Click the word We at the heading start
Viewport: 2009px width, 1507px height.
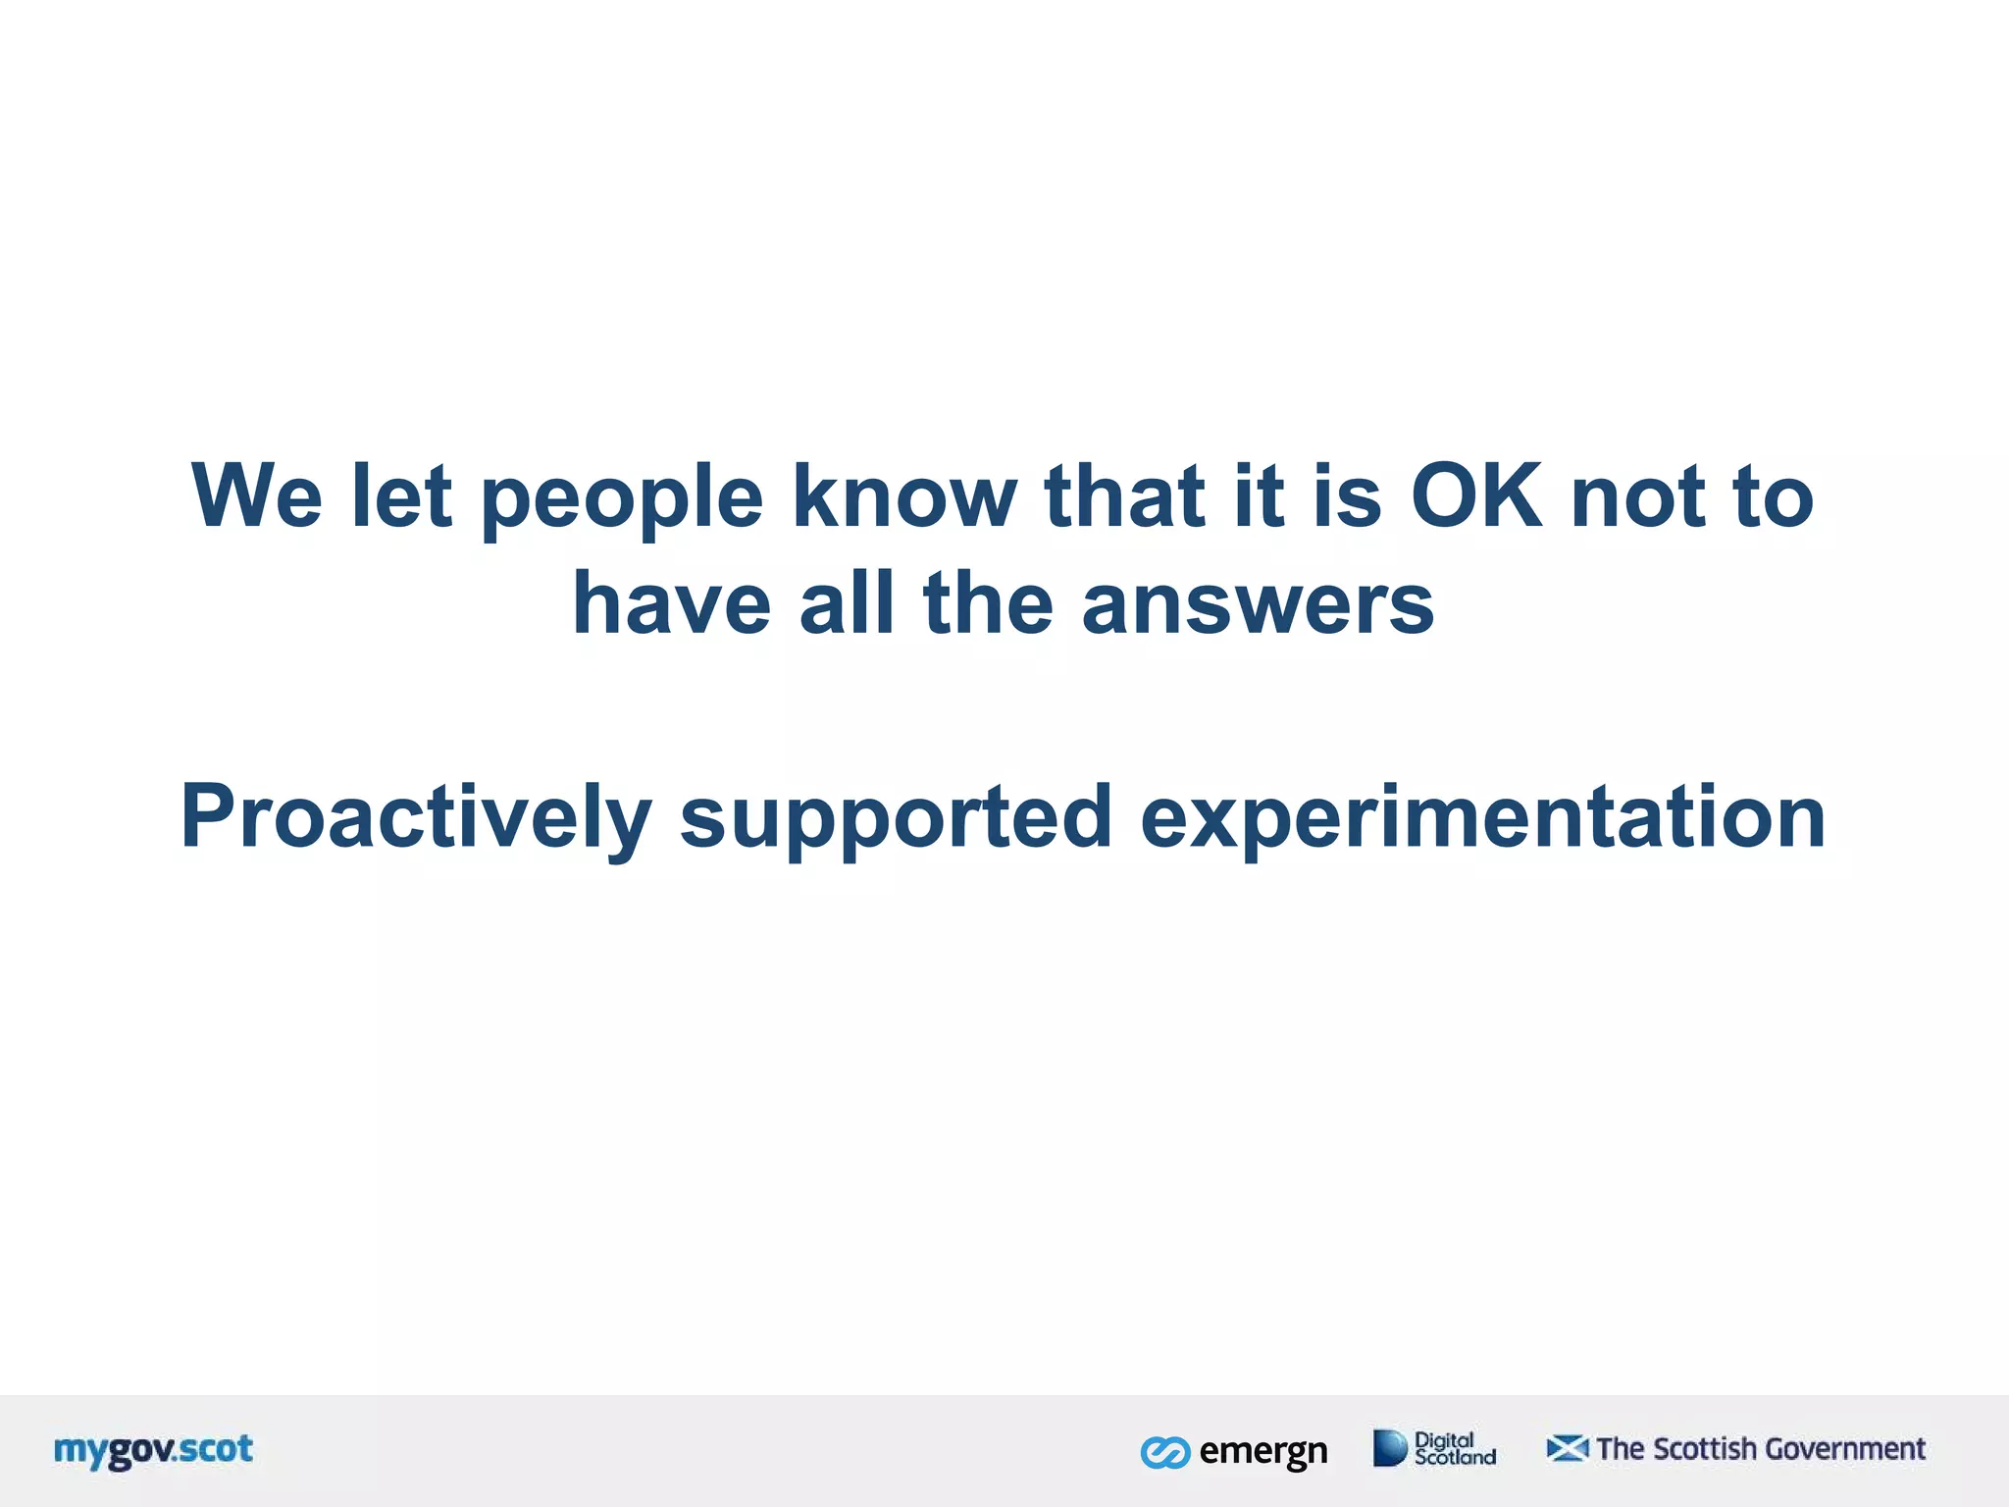click(257, 495)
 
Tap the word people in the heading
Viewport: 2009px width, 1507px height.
click(622, 500)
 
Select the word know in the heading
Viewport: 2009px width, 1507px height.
click(904, 495)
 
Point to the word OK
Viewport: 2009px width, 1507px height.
click(1476, 495)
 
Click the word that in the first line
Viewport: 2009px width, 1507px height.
click(1124, 495)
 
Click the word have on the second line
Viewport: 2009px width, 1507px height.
click(672, 604)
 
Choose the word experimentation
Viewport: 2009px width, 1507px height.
click(1482, 818)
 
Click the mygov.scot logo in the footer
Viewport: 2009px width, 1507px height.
click(153, 1450)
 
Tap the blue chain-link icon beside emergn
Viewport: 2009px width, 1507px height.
click(1164, 1452)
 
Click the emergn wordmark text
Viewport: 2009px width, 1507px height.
click(1263, 1451)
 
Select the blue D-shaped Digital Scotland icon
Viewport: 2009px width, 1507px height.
click(1389, 1448)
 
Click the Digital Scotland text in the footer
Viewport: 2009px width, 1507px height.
click(1454, 1448)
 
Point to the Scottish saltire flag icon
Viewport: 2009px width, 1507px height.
click(1567, 1448)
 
